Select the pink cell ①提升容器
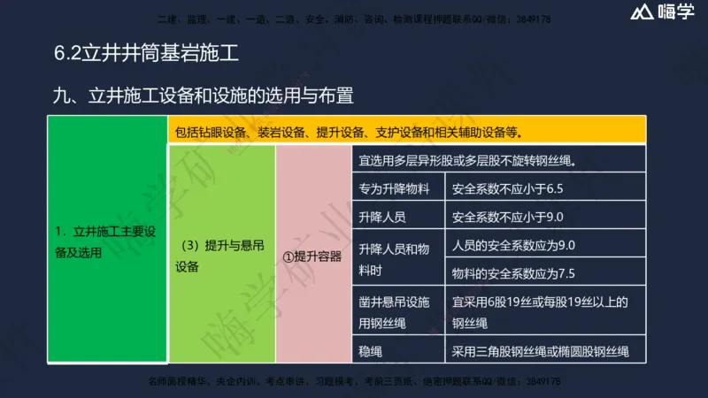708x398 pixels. pyautogui.click(x=312, y=256)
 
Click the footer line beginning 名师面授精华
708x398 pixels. pyautogui.click(x=354, y=382)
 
